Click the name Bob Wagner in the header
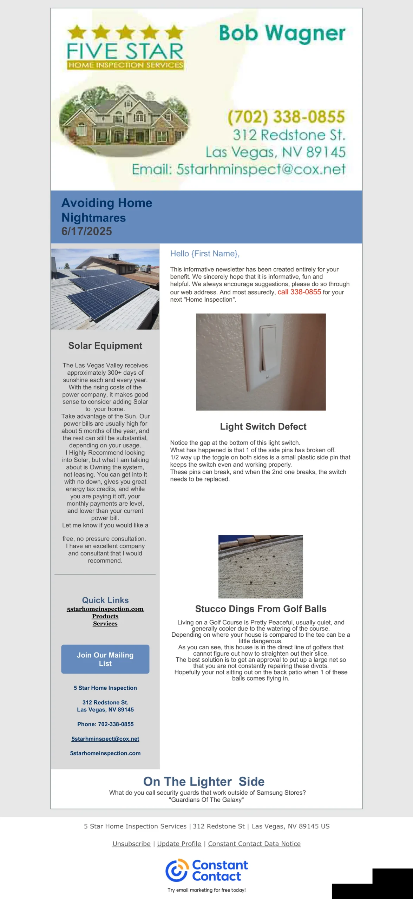tap(282, 34)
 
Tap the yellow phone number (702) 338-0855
tap(286, 117)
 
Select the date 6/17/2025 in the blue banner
tap(87, 231)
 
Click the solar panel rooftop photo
tap(105, 289)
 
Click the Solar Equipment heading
tap(105, 346)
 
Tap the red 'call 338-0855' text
tap(299, 292)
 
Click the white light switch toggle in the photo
tap(268, 348)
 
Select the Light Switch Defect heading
tap(263, 427)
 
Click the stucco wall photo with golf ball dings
tap(261, 566)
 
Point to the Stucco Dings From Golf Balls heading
tap(261, 609)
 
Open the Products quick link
tap(105, 616)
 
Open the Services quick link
tap(105, 624)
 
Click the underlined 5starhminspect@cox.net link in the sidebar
tap(105, 739)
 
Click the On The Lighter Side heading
tap(204, 781)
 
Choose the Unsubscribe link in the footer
tap(131, 844)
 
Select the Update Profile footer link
tap(179, 844)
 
